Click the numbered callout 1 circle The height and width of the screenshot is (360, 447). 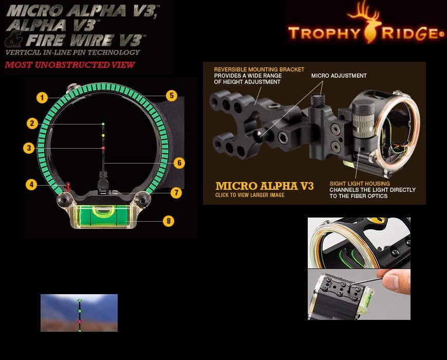[x=42, y=98]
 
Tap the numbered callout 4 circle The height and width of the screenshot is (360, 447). [x=31, y=185]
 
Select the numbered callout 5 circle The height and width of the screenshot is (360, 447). [x=172, y=96]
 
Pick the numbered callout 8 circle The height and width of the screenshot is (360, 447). [x=169, y=221]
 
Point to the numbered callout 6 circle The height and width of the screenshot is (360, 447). [x=179, y=163]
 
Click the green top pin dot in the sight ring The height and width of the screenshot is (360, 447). [x=103, y=124]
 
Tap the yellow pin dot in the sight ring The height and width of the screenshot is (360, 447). [x=103, y=135]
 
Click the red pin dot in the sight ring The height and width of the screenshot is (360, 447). [x=103, y=148]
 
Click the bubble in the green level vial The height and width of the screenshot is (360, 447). [x=103, y=210]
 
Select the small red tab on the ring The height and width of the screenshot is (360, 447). [x=68, y=186]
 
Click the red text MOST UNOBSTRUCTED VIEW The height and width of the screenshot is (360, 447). [x=70, y=65]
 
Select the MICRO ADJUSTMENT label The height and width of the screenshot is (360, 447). [x=339, y=76]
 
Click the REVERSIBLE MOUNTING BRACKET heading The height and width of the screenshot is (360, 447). [x=259, y=69]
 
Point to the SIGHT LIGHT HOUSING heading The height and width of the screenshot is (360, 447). [x=360, y=184]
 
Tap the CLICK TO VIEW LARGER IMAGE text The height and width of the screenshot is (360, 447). [x=250, y=195]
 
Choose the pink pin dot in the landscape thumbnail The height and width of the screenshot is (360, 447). [x=80, y=321]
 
